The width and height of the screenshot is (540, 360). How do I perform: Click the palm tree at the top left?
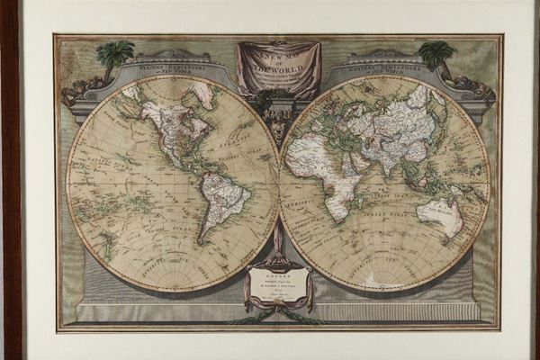pyautogui.click(x=115, y=56)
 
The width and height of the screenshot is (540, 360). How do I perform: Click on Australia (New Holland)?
pyautogui.click(x=440, y=215)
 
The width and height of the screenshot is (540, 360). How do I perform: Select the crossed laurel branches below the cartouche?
pyautogui.click(x=278, y=318)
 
